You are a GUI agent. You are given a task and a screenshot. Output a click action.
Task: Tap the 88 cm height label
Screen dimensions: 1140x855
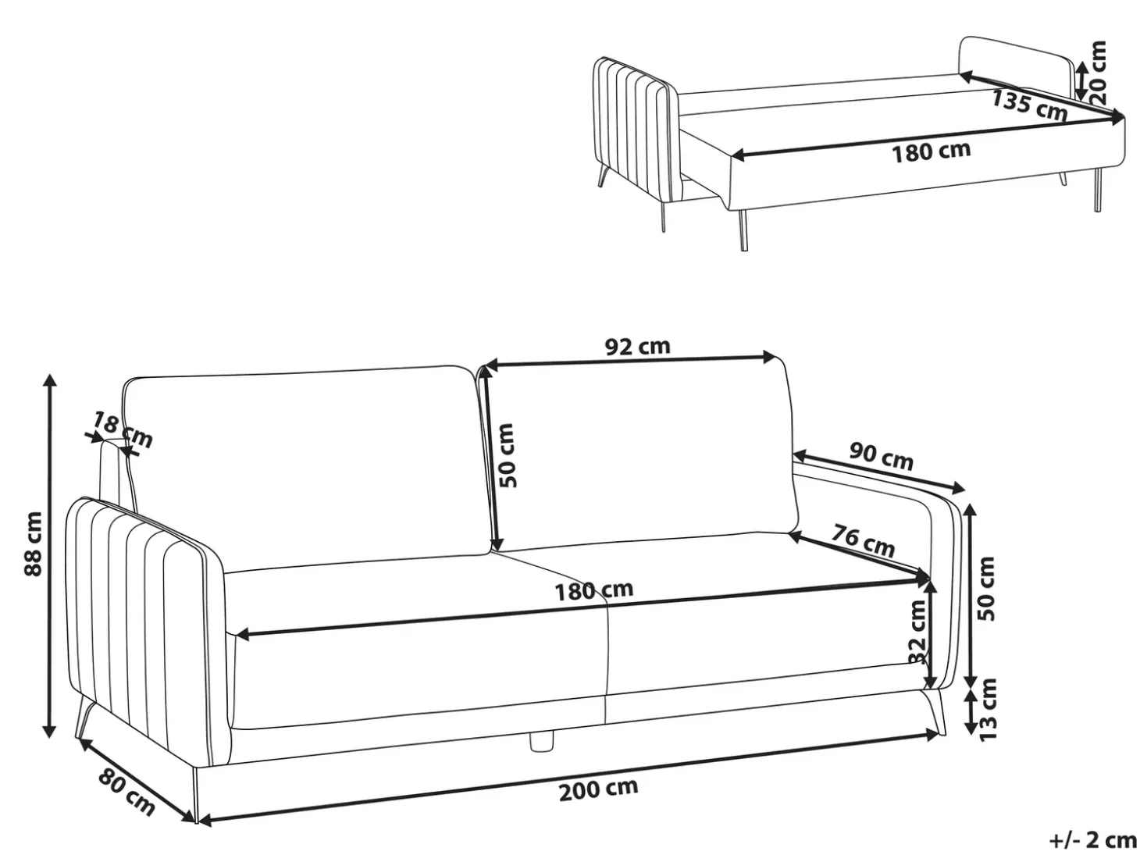click(34, 543)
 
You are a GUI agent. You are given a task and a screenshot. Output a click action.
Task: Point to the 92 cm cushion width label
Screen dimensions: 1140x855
click(638, 346)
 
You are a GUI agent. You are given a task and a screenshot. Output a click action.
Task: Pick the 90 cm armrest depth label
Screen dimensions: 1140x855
click(882, 456)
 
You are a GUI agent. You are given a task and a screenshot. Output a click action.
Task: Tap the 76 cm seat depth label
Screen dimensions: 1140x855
click(864, 540)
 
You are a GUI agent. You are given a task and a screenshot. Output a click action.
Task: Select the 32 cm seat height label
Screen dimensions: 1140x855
click(917, 632)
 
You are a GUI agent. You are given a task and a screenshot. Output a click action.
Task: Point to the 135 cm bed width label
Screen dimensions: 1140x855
click(1029, 105)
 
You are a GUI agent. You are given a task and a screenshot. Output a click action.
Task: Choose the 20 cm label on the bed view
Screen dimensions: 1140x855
click(1098, 72)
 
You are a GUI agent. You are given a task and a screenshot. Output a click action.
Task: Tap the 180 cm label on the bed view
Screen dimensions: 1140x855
click(932, 151)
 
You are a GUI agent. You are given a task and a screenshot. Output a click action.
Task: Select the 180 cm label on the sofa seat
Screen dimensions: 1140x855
click(594, 590)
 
